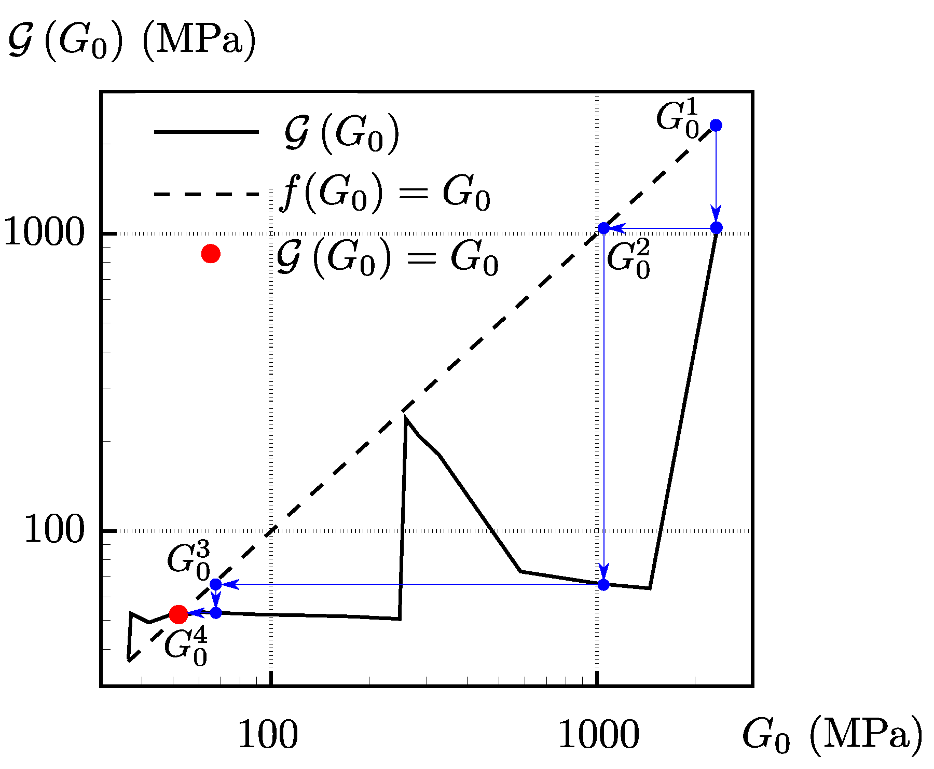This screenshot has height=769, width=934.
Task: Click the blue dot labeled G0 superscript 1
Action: click(x=716, y=125)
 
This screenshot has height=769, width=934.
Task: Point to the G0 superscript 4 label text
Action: click(x=186, y=647)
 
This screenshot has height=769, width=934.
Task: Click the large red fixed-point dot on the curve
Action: click(x=178, y=614)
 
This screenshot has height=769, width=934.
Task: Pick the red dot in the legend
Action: click(x=211, y=254)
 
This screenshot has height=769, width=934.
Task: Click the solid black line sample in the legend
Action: click(x=207, y=132)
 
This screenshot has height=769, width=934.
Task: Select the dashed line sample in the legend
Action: click(x=207, y=195)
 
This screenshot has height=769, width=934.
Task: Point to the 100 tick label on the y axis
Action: click(x=54, y=530)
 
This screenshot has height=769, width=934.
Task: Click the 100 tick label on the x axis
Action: click(x=268, y=734)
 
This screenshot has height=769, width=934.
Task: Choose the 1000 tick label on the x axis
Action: click(x=598, y=734)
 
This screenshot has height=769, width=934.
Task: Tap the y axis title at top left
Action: click(x=132, y=42)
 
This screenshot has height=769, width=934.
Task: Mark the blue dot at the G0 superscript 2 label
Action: click(x=603, y=228)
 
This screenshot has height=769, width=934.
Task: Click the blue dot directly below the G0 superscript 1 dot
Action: click(x=716, y=228)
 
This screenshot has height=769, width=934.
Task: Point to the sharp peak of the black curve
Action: click(x=405, y=417)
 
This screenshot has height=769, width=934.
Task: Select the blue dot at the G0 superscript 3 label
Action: click(x=216, y=584)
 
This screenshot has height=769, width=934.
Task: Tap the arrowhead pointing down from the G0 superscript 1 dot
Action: click(x=716, y=214)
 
